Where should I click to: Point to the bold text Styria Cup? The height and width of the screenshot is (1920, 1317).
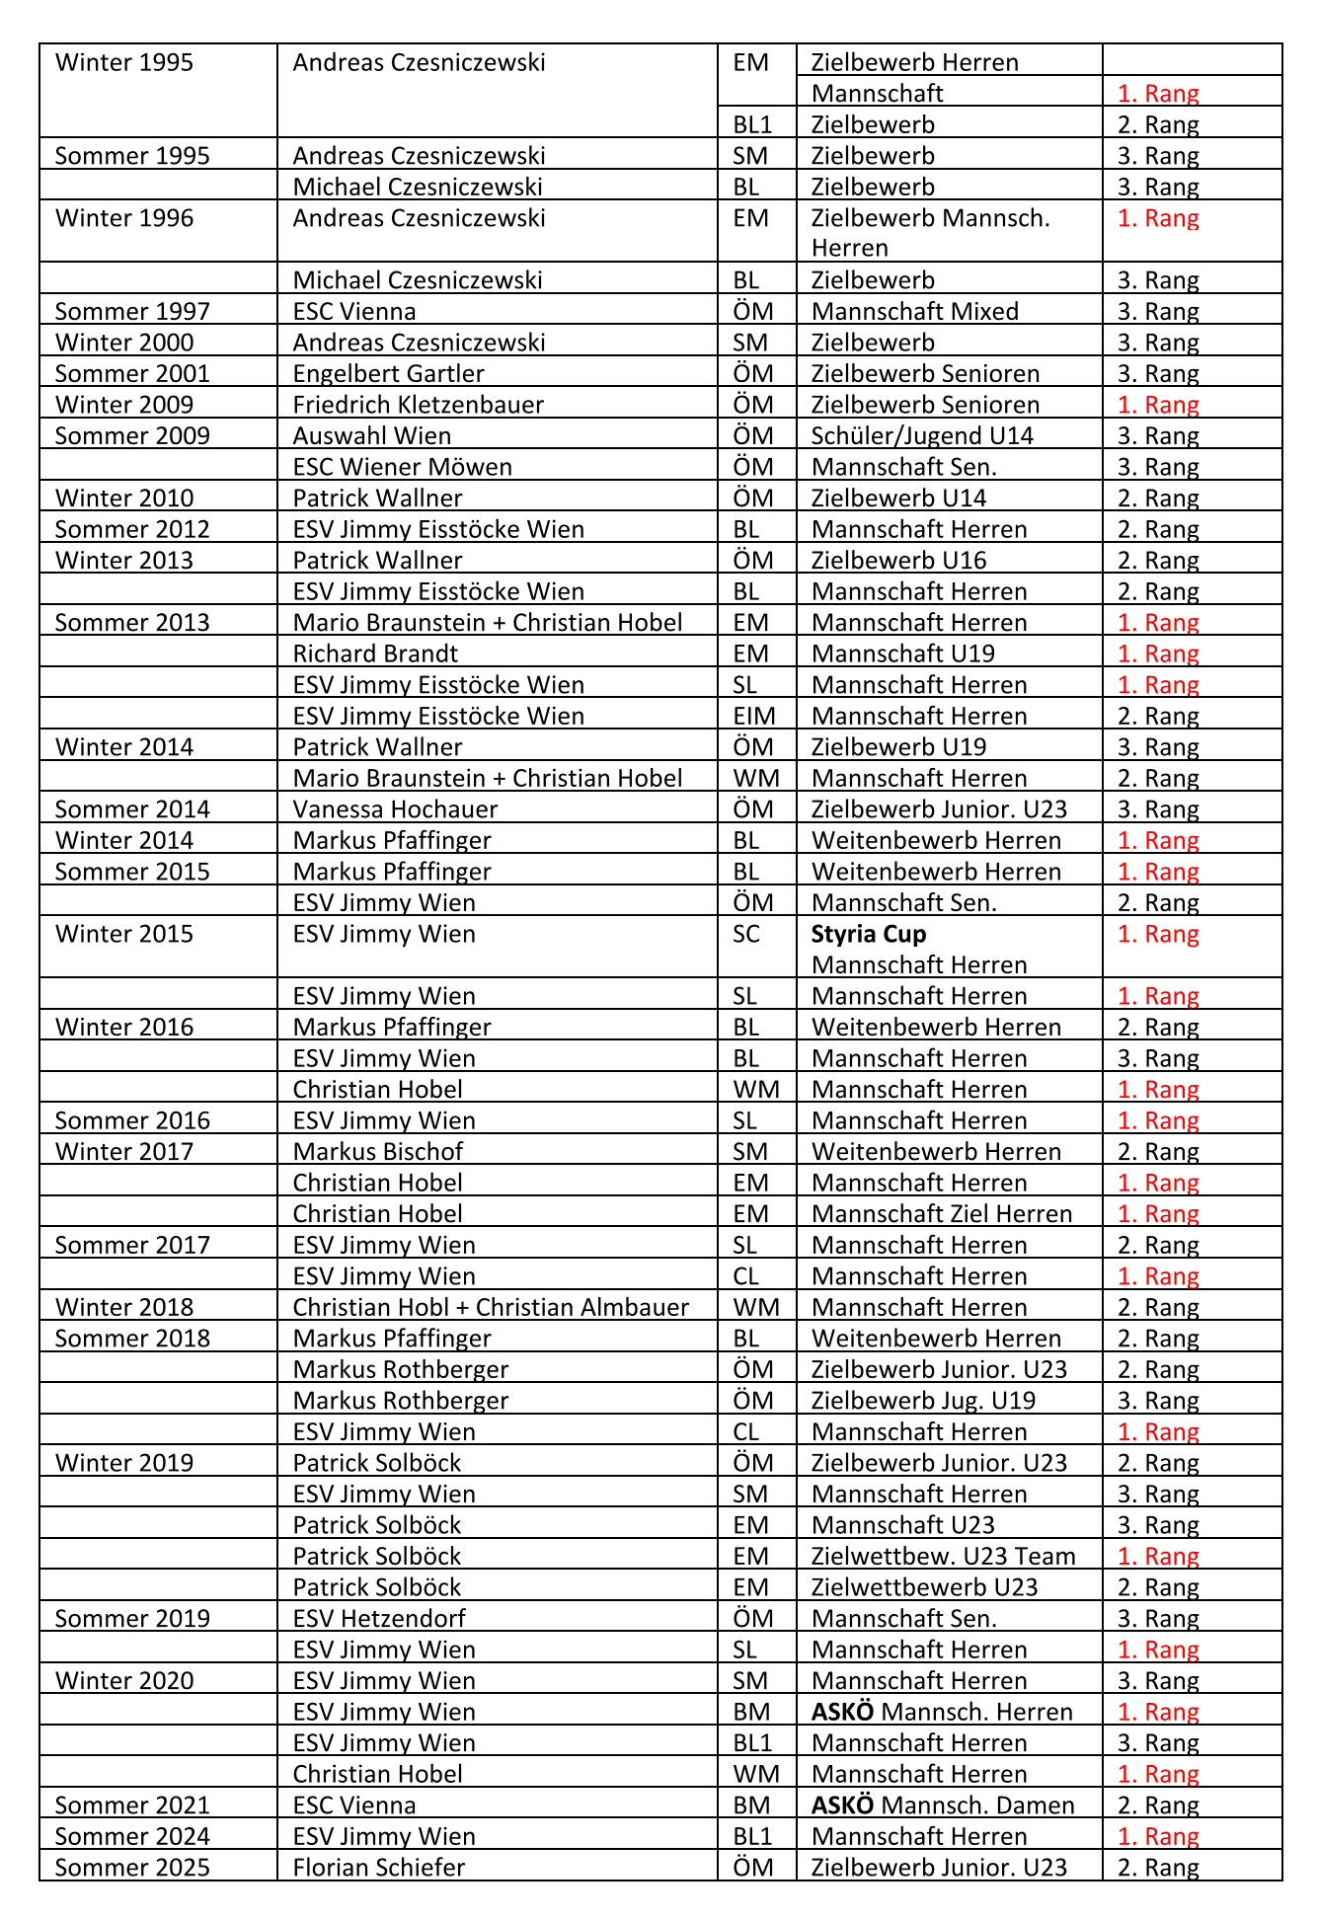point(869,934)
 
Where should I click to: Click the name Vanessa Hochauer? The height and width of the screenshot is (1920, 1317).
point(395,809)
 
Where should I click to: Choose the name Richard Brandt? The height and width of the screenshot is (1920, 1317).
point(375,653)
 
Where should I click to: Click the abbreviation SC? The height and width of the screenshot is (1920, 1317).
point(746,934)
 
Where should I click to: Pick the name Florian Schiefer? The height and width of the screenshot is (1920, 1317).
point(378,1868)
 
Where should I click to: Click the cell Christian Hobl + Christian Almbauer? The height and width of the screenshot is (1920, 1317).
point(491,1307)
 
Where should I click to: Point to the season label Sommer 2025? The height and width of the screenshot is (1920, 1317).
point(132,1868)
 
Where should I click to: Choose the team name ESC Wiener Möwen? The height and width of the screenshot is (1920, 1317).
point(402,467)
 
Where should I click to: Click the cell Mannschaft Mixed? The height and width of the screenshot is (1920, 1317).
point(914,311)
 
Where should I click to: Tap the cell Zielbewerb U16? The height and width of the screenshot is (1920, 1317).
point(898,560)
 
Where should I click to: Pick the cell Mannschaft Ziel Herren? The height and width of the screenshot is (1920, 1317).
point(941,1213)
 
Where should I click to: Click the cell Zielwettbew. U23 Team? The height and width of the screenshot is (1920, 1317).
point(943,1556)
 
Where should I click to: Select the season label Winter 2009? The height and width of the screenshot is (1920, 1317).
point(124,405)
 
